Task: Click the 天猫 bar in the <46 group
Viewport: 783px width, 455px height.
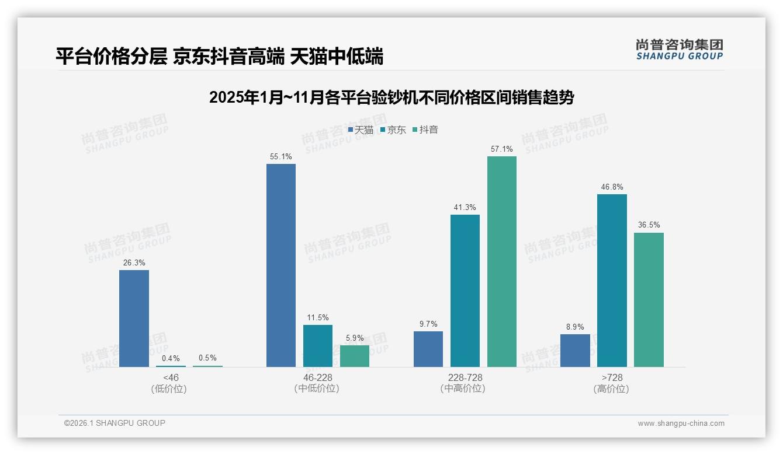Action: pyautogui.click(x=134, y=318)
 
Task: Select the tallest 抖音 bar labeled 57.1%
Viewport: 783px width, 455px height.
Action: pyautogui.click(x=502, y=261)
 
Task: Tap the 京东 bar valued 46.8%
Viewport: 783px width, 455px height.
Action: pyautogui.click(x=612, y=281)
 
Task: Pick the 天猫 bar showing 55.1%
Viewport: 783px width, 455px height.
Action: pyautogui.click(x=281, y=265)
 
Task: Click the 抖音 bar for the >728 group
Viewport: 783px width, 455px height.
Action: pyautogui.click(x=649, y=300)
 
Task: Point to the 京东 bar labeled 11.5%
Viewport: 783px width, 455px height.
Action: pyautogui.click(x=318, y=346)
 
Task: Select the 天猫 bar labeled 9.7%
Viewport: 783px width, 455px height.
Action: pyautogui.click(x=428, y=349)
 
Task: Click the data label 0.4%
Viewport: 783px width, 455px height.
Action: pyautogui.click(x=171, y=358)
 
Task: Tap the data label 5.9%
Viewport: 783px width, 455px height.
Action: pyautogui.click(x=355, y=338)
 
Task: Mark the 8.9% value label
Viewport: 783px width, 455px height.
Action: pyautogui.click(x=575, y=327)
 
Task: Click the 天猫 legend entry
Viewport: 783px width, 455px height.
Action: pyautogui.click(x=361, y=130)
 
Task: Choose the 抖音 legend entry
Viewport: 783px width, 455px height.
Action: pyautogui.click(x=425, y=130)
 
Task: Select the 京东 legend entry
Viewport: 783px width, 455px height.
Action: pyautogui.click(x=393, y=130)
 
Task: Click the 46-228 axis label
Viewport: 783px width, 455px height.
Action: pyautogui.click(x=317, y=377)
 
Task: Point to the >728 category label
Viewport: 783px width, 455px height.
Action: pyautogui.click(x=611, y=377)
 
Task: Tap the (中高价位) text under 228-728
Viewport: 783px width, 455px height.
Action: pyautogui.click(x=463, y=388)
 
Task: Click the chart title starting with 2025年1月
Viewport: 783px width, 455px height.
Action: pyautogui.click(x=391, y=97)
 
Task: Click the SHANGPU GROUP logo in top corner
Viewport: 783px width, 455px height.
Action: pyautogui.click(x=679, y=50)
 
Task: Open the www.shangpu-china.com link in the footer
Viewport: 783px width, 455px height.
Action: pyautogui.click(x=681, y=423)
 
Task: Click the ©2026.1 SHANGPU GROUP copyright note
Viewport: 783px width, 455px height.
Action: pyautogui.click(x=115, y=423)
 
